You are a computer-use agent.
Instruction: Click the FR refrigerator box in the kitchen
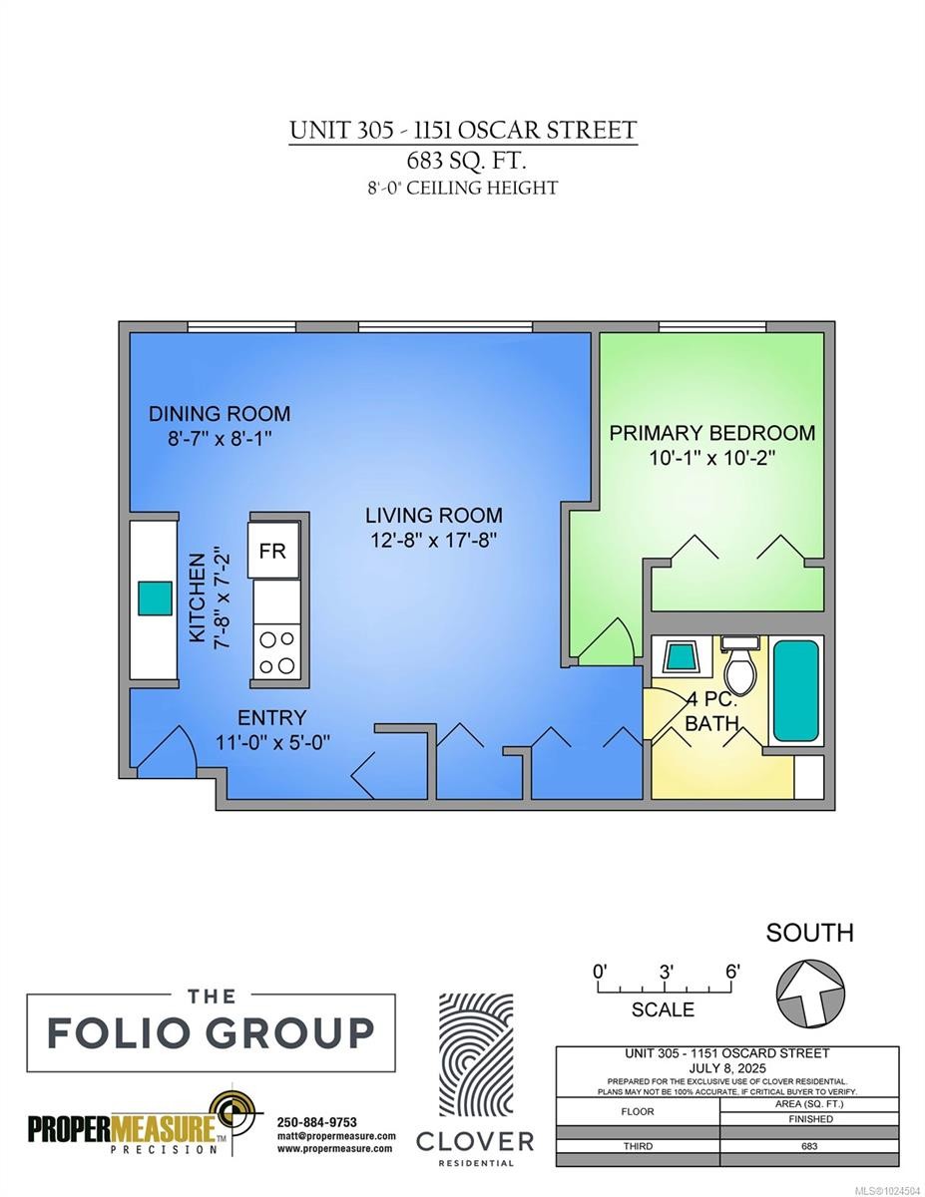coord(273,550)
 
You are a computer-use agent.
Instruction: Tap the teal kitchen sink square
coord(155,598)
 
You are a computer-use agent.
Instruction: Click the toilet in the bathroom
coord(741,664)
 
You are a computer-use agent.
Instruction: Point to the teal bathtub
coord(795,690)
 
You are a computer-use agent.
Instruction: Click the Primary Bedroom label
coord(711,433)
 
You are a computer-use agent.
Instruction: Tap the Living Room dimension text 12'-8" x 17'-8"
coord(434,541)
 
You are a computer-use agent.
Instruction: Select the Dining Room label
coord(220,414)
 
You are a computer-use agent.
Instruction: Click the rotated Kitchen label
coord(197,598)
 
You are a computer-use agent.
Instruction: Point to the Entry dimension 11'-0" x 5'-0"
coord(272,742)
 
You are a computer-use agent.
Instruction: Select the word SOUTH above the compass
coord(809,933)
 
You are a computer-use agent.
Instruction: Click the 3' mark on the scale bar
coord(667,972)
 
